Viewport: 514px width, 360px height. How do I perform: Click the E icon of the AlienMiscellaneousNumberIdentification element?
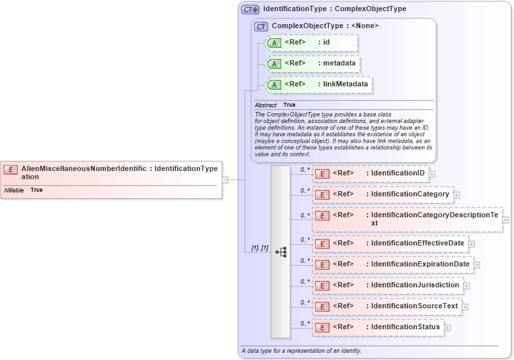click(10, 170)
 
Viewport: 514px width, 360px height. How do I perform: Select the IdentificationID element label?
click(398, 173)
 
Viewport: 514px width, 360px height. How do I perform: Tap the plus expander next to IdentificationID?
click(432, 174)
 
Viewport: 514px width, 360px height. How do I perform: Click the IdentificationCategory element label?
click(409, 194)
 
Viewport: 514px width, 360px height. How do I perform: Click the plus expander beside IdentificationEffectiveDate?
click(471, 244)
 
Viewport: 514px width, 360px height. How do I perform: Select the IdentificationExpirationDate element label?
click(420, 264)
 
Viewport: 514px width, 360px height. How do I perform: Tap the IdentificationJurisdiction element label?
click(415, 285)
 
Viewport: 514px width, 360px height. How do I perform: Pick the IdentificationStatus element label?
click(405, 327)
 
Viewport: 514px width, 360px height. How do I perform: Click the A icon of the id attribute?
click(275, 43)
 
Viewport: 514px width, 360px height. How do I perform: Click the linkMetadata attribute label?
click(343, 84)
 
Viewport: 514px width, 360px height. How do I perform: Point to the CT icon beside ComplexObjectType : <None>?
click(262, 26)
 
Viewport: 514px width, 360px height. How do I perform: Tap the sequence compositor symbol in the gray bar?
click(281, 251)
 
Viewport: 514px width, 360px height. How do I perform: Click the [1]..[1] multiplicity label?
click(260, 249)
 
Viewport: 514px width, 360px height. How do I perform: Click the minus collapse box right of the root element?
click(225, 179)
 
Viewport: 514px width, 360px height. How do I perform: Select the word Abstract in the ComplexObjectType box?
click(266, 105)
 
